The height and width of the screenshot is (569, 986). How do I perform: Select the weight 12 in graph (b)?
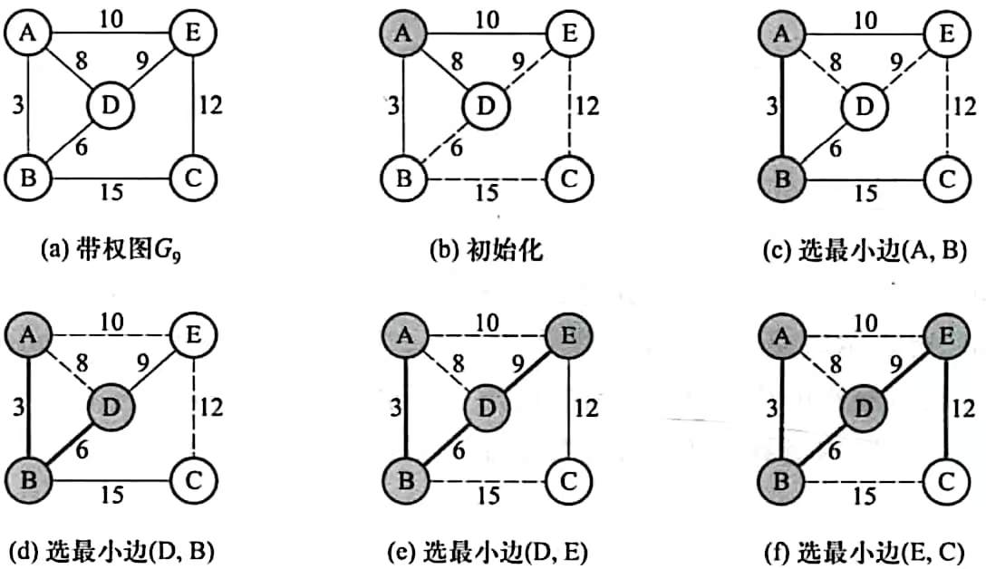coord(587,106)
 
